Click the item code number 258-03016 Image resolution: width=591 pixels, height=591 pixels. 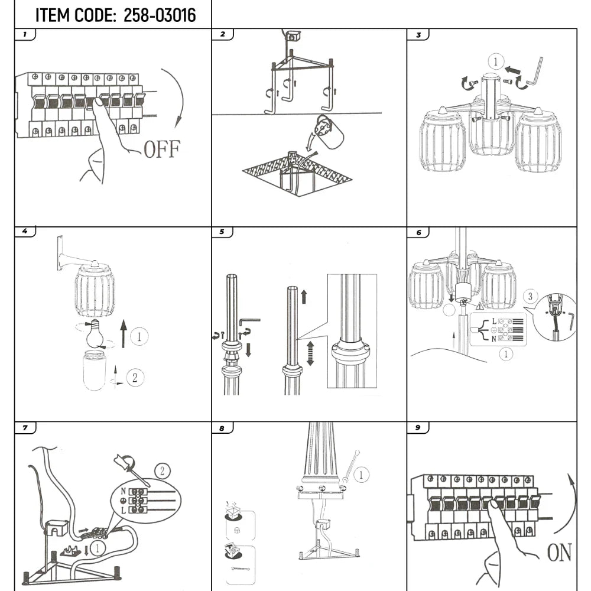pos(160,15)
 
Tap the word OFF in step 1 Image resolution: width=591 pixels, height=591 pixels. pos(161,150)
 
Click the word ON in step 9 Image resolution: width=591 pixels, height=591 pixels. pos(558,553)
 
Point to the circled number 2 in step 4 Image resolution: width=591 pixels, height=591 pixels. pos(135,377)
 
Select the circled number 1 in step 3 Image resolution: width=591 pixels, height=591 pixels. pos(495,61)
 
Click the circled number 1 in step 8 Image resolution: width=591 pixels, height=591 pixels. pos(362,473)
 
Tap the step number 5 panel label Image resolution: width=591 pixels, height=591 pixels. pos(222,232)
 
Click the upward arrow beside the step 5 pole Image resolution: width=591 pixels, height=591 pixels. pos(304,297)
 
